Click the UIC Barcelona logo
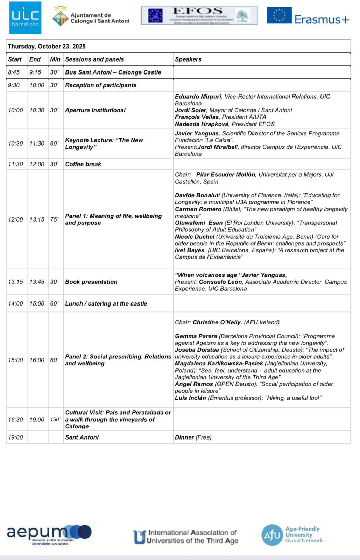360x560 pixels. [x=25, y=18]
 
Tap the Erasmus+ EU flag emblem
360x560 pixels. [x=279, y=15]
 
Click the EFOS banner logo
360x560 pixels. [x=199, y=15]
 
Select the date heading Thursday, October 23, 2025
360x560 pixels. [x=47, y=47]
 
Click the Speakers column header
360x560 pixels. [x=188, y=59]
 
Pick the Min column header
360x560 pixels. [x=55, y=59]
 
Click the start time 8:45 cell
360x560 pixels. [x=14, y=72]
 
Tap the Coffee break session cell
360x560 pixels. [x=83, y=164]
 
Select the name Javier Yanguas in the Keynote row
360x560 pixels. [x=197, y=133]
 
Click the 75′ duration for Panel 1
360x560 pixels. [x=54, y=219]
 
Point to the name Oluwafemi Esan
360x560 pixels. [x=199, y=223]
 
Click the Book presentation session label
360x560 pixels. [x=91, y=282]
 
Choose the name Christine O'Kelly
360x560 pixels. [x=217, y=322]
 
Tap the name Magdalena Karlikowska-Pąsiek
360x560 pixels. [x=219, y=364]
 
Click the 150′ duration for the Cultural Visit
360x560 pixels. [x=55, y=420]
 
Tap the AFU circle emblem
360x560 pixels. [x=272, y=535]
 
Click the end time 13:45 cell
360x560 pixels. [x=37, y=282]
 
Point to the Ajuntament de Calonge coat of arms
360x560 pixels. [x=61, y=17]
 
